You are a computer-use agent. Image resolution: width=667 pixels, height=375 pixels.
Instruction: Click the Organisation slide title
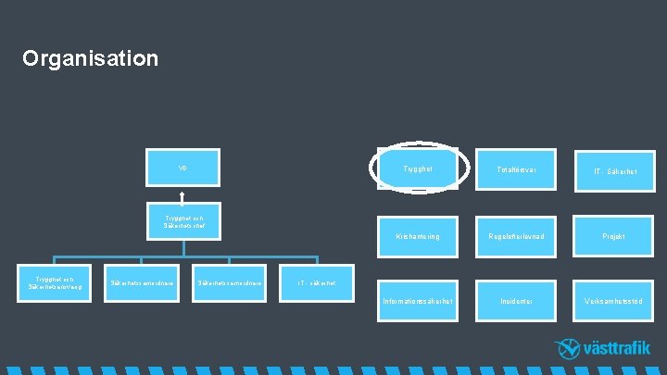[91, 59]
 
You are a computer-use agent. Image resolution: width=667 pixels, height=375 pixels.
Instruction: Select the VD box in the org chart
[182, 168]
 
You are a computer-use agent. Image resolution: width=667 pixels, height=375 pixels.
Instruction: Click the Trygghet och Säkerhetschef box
[182, 221]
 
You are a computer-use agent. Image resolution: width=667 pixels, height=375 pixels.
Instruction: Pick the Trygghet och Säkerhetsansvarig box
[52, 282]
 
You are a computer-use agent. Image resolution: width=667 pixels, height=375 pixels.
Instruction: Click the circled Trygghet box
[418, 169]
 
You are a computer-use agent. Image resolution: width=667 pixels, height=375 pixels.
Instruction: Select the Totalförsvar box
[513, 169]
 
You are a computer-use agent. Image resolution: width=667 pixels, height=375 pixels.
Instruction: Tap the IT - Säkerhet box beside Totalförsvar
[611, 171]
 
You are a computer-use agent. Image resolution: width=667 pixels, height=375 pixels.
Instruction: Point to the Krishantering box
[418, 236]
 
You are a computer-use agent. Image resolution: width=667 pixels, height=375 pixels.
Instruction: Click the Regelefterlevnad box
[513, 236]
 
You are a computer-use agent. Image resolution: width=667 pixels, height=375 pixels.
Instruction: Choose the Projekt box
[611, 236]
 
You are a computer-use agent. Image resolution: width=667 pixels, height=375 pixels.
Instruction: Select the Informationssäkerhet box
[418, 301]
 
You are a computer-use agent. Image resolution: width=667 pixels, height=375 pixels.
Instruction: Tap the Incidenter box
[513, 301]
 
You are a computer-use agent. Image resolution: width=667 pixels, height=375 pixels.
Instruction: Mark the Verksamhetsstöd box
[611, 301]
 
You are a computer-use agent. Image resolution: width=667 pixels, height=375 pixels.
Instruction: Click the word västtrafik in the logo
[617, 349]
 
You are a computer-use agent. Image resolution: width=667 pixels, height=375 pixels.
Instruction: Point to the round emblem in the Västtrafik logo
[567, 349]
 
